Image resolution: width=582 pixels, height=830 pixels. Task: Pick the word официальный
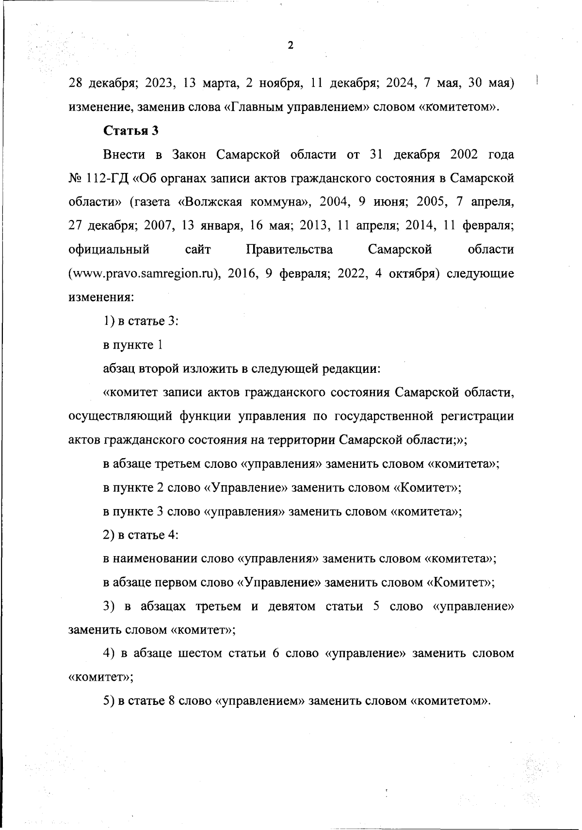click(109, 250)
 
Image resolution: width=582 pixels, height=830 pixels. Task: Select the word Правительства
click(290, 250)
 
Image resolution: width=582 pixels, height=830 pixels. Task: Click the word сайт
click(198, 250)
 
